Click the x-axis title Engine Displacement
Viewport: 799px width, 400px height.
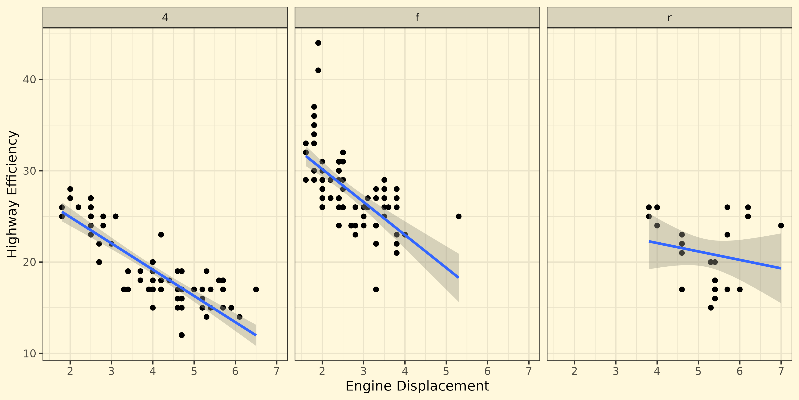417,386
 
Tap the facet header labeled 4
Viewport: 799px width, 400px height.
165,18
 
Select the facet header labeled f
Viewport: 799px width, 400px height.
417,18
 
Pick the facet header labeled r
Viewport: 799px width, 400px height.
669,18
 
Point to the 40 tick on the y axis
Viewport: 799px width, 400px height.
29,79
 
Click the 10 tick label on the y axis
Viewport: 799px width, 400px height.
29,353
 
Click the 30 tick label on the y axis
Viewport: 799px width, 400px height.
29,171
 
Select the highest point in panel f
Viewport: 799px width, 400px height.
318,43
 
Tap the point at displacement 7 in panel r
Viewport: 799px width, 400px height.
781,225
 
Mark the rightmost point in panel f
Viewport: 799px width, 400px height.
458,216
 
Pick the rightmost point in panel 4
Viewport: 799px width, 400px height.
256,289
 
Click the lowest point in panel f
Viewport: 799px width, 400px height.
376,289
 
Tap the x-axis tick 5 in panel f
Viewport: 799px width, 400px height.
446,371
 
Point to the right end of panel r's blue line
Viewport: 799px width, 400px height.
781,268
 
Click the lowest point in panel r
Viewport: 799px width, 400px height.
711,308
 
